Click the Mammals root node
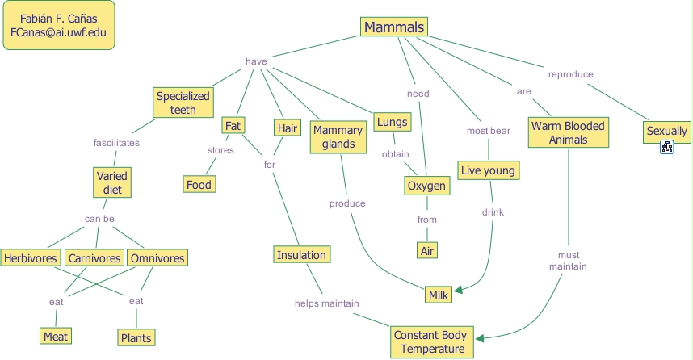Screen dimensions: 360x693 tap(393, 27)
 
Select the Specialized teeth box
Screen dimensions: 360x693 tap(183, 103)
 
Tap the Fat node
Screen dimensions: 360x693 tap(233, 126)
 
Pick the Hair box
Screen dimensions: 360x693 tap(287, 128)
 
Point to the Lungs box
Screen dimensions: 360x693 tap(392, 123)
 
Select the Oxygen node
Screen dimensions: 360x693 tap(426, 186)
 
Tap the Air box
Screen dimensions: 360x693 tap(427, 251)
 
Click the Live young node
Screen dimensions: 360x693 tap(487, 170)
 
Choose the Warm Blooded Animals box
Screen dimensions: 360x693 tap(568, 132)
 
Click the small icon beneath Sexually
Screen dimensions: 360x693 tap(667, 147)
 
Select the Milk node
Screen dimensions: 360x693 tap(439, 295)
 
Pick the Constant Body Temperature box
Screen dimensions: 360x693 tap(429, 341)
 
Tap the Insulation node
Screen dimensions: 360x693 tap(301, 255)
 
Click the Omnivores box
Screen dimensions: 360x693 tap(157, 258)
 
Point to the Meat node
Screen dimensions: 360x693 tap(56, 336)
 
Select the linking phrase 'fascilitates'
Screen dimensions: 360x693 tap(116, 143)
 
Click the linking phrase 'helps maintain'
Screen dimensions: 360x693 tap(326, 303)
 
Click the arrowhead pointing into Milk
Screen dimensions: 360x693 tap(457, 291)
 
